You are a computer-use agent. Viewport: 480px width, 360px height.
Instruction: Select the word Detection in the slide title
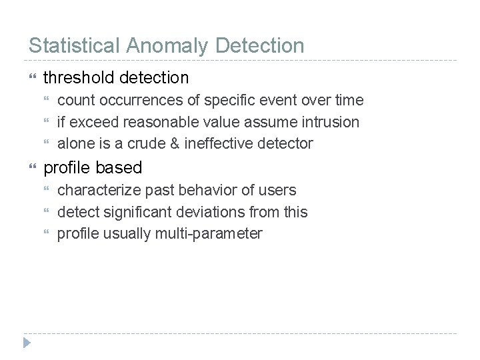click(x=261, y=45)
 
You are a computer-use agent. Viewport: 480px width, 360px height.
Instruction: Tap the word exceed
click(x=94, y=122)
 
